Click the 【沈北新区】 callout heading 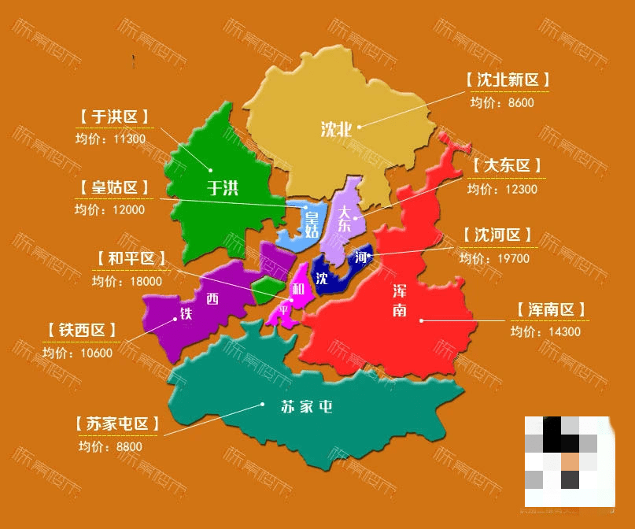coord(507,80)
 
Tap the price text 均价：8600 coord(502,102)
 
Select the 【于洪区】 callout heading coord(114,117)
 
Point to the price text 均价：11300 coord(111,139)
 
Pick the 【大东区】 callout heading coord(508,166)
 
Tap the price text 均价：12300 coord(502,189)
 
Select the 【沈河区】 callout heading coord(498,235)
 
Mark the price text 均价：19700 coord(495,258)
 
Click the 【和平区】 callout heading coord(131,258)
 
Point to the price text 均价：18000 coord(127,281)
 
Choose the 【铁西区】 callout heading coord(83,330)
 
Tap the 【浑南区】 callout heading coord(552,309)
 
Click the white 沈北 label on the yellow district coord(335,130)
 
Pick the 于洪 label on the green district coord(222,188)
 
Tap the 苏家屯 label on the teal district coord(307,407)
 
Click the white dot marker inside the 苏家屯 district coord(262,405)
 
